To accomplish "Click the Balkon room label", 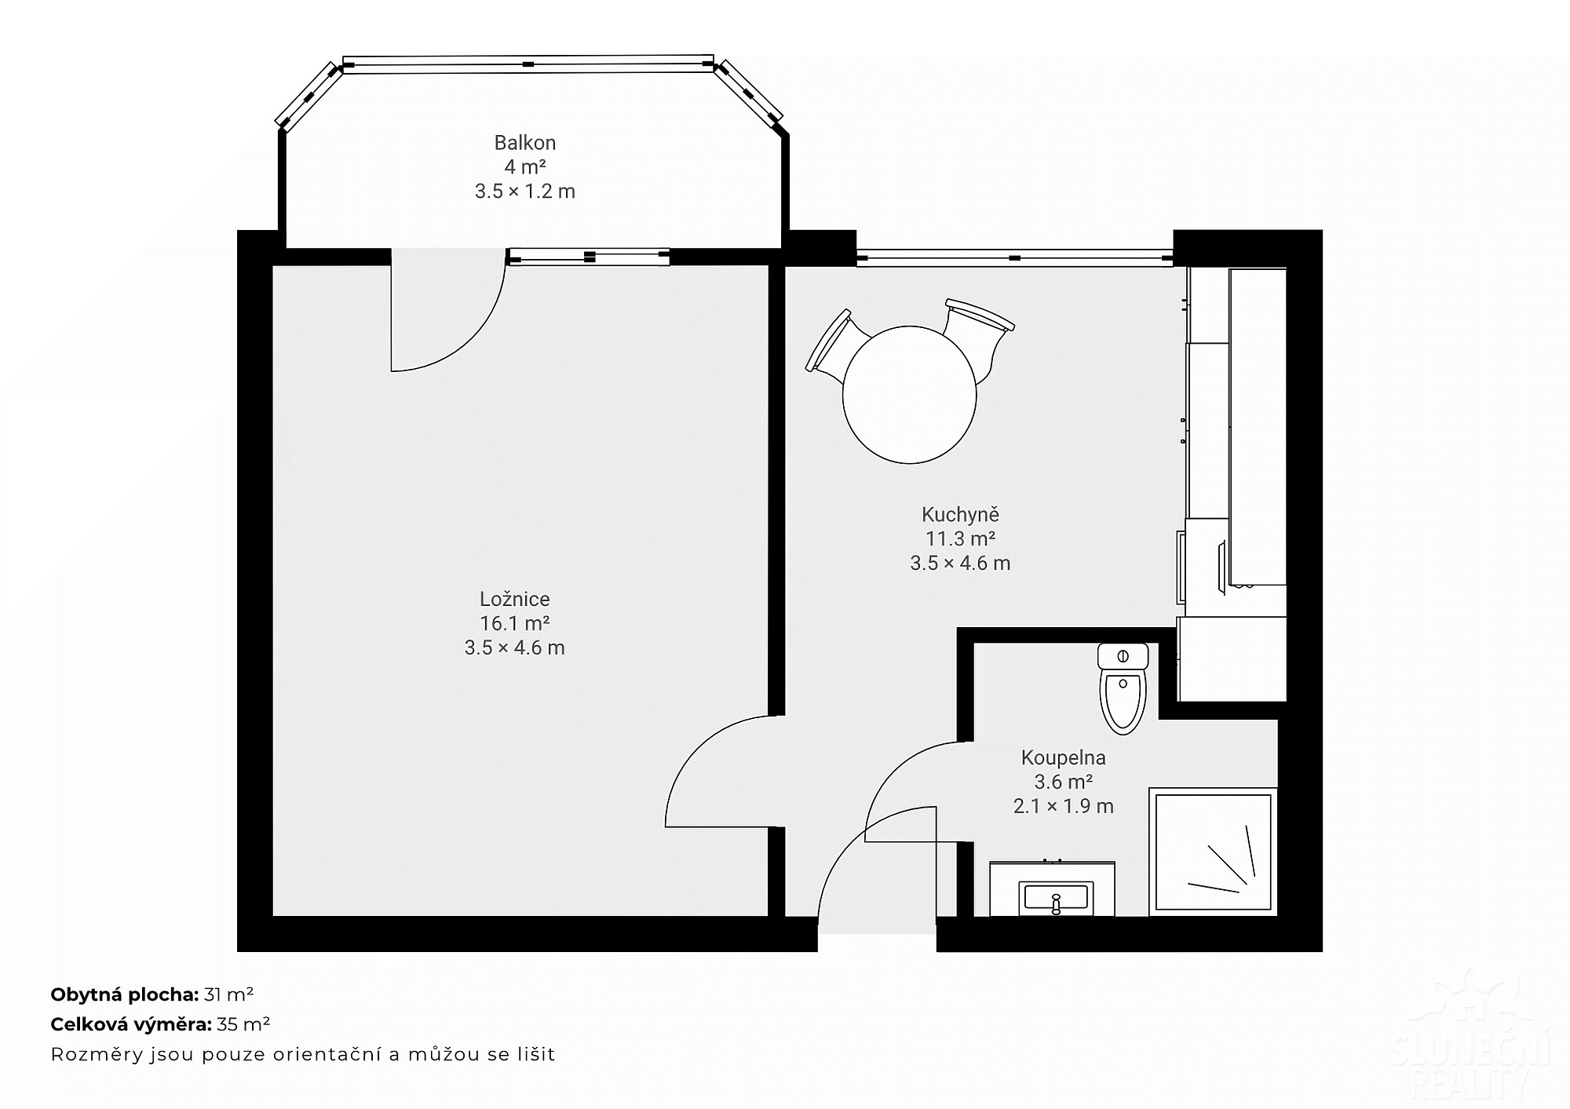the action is pos(525,143).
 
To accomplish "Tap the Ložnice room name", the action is pos(515,599).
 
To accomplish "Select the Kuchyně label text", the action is pos(960,515).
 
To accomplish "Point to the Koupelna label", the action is pos(1064,757).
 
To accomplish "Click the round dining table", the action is pos(909,395).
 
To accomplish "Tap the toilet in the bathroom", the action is pos(1123,688).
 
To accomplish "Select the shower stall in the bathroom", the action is pos(1214,852).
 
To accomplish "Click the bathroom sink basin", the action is pos(1056,897).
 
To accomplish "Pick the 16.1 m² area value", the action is pos(515,623).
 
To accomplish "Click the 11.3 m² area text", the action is pos(960,539).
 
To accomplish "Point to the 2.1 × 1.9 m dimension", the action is pos(1064,806).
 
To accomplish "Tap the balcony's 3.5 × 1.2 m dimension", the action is pos(525,192).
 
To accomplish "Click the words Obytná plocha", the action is pos(124,995).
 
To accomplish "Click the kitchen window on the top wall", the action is pos(1014,257).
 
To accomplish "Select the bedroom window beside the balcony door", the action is pos(590,257).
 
